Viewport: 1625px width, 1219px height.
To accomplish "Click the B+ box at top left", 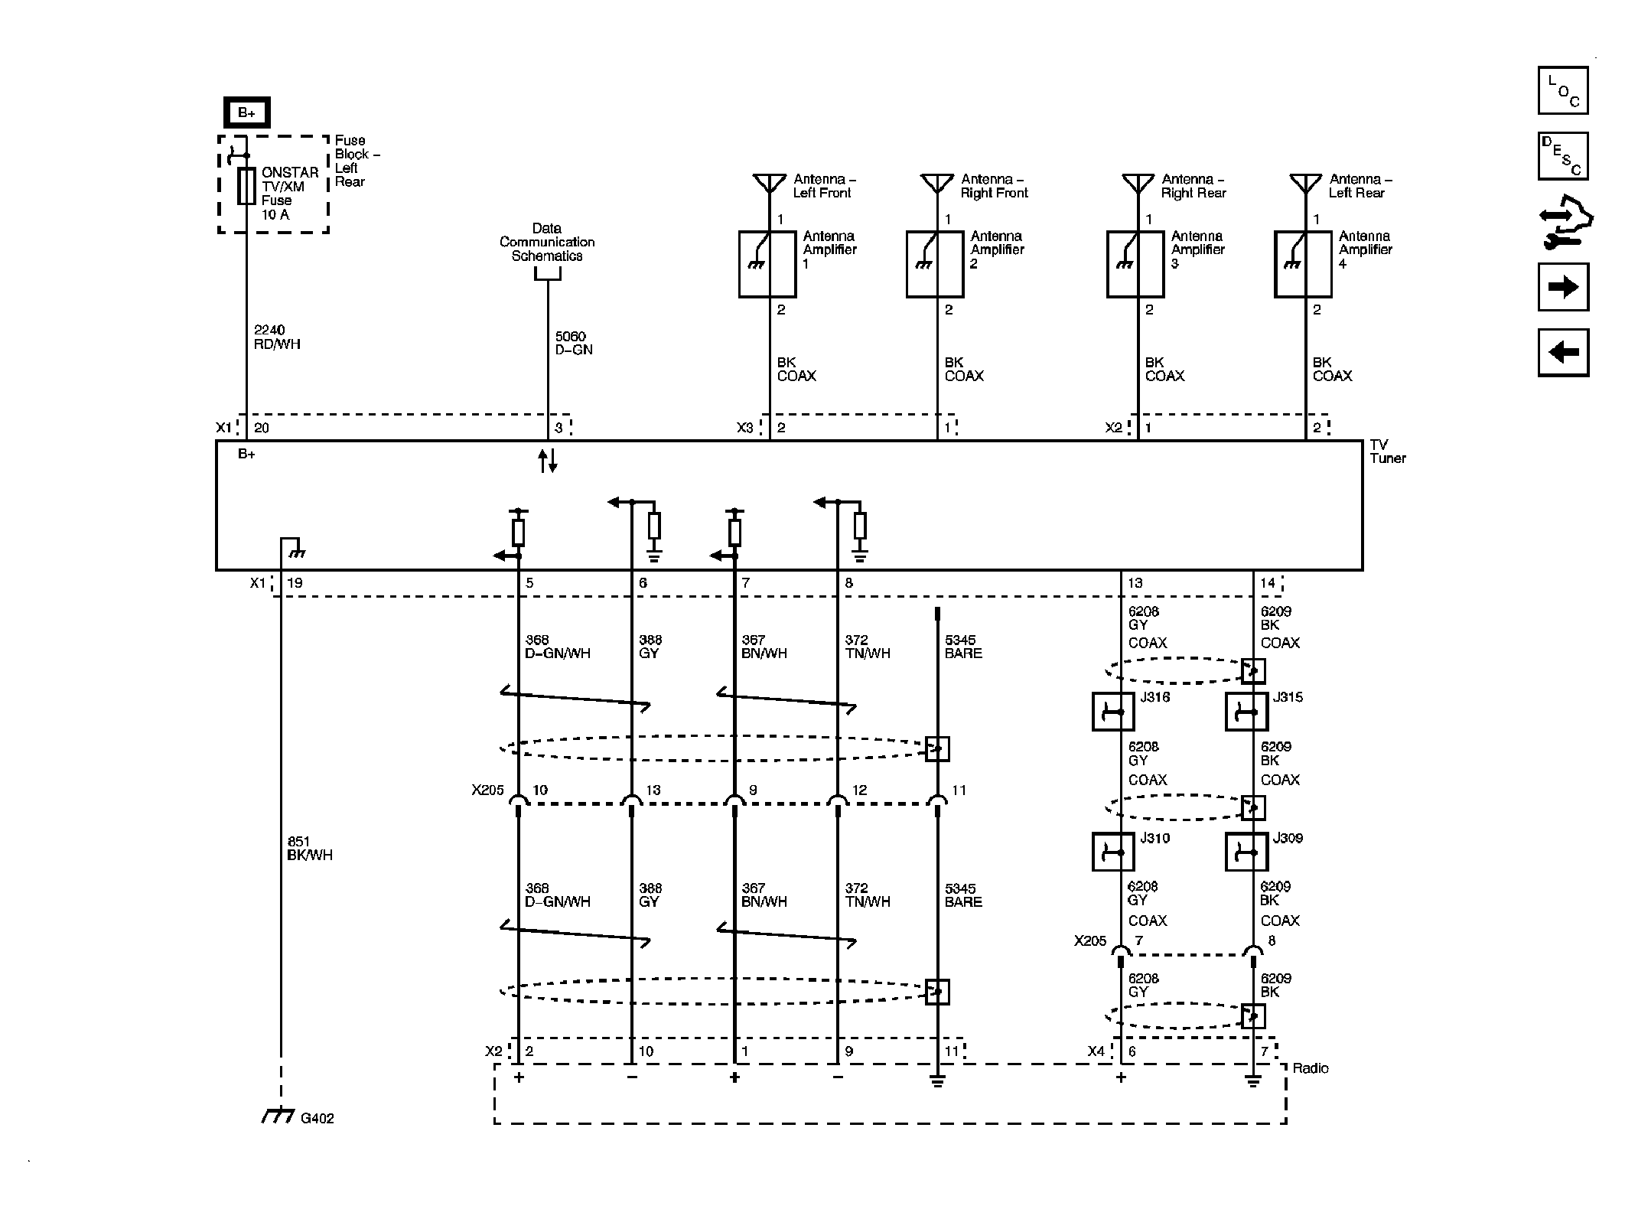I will tap(246, 112).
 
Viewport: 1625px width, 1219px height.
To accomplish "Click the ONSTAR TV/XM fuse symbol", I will tap(246, 187).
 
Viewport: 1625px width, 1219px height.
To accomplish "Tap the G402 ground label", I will tap(317, 1118).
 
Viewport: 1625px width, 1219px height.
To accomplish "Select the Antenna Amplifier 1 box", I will tap(767, 265).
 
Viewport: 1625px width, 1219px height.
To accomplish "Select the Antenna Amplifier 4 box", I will tap(1303, 265).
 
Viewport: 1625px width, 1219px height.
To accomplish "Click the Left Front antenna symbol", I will tap(770, 184).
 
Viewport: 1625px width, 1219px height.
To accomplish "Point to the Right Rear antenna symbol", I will tap(1138, 184).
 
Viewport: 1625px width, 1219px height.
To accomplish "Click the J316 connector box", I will tap(1112, 712).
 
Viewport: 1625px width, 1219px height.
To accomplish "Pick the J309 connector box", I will tap(1246, 852).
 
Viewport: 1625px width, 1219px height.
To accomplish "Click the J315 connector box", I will tap(1246, 712).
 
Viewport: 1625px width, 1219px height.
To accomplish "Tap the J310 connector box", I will tap(1112, 852).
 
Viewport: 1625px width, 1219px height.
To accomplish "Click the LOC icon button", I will tap(1563, 90).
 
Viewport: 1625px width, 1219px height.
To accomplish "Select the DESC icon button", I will tap(1563, 156).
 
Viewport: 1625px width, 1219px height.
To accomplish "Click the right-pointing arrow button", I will tap(1563, 287).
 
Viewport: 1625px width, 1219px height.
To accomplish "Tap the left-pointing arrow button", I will tap(1563, 353).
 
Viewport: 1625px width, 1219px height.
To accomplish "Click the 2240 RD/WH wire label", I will tap(277, 337).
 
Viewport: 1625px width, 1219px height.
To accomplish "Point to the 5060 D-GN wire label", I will tap(574, 343).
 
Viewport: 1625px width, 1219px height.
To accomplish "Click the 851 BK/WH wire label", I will tap(310, 849).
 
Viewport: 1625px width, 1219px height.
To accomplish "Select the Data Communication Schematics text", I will tap(547, 242).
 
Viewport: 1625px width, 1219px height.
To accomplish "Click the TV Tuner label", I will tap(1387, 451).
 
